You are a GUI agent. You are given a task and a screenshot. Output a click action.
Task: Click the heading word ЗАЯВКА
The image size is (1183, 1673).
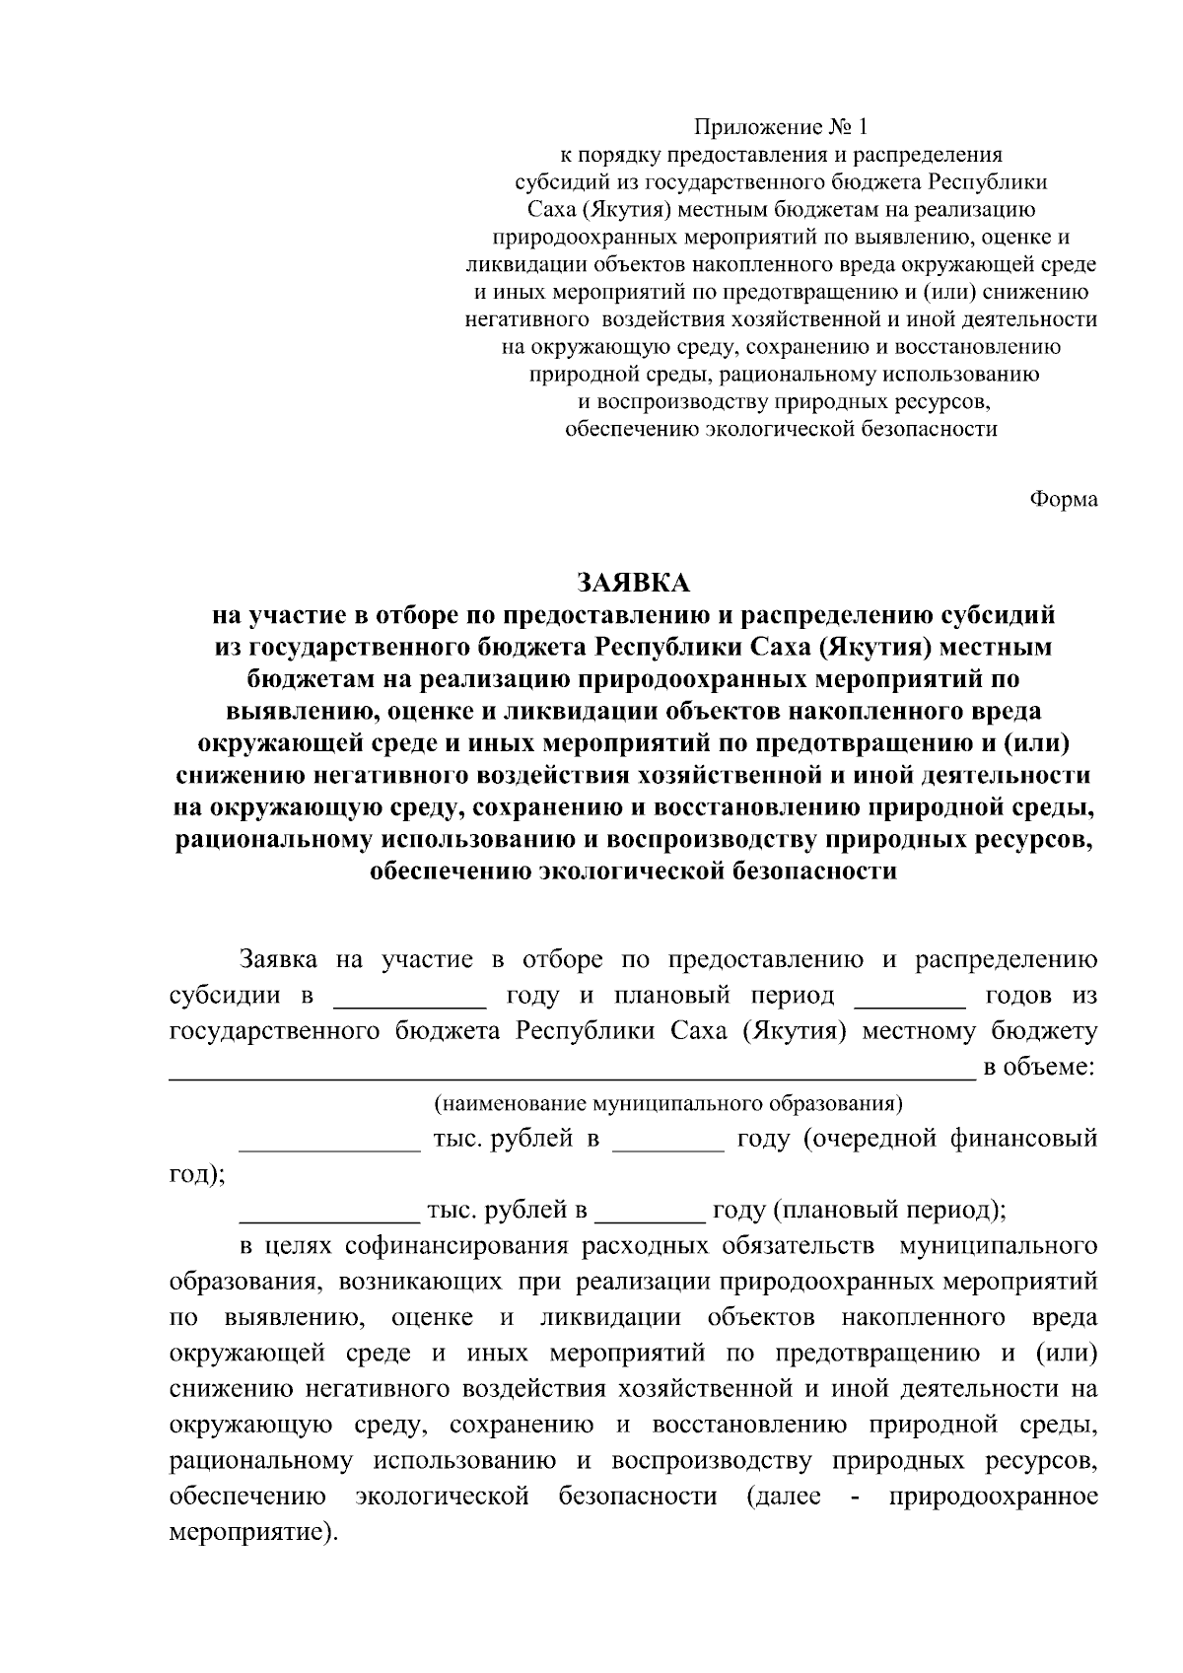(x=633, y=582)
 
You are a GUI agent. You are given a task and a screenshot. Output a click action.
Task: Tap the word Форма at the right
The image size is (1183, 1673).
(x=1064, y=500)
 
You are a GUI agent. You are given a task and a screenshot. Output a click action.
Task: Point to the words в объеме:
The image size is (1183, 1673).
(x=1040, y=1069)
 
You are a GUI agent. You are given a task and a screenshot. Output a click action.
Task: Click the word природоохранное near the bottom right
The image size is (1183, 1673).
(x=993, y=1498)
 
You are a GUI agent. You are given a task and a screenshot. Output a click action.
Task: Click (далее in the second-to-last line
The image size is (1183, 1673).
(x=784, y=1498)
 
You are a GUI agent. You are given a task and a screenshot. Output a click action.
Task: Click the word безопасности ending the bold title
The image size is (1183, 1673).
(x=808, y=872)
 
